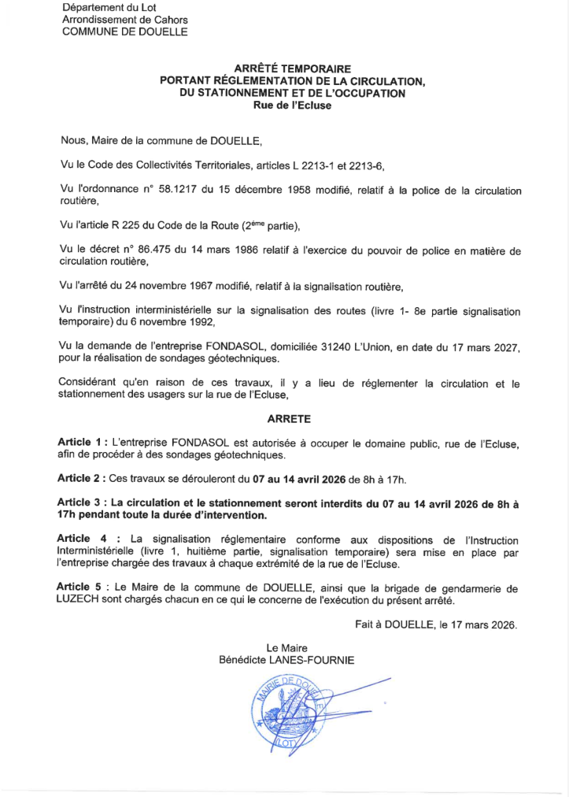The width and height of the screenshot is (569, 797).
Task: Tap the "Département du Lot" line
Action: [105, 7]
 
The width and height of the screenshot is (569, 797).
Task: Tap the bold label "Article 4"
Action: [81, 538]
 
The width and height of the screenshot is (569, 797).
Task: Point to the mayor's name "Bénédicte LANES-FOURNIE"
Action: [286, 660]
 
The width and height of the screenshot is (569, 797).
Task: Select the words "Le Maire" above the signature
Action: [286, 647]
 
